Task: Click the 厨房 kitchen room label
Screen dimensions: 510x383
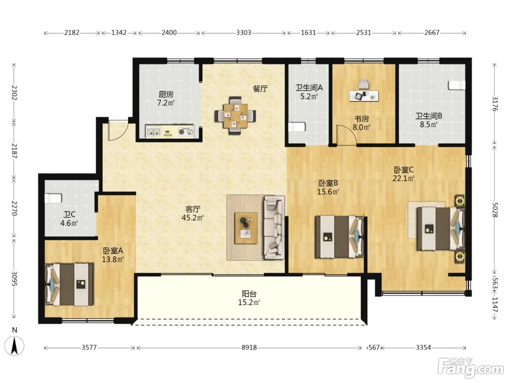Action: click(x=166, y=94)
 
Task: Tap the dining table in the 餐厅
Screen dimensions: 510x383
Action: click(x=235, y=116)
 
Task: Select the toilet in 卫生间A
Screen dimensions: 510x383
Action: click(x=296, y=127)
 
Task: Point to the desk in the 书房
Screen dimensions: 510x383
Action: click(x=364, y=96)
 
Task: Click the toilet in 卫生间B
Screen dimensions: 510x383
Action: click(x=457, y=85)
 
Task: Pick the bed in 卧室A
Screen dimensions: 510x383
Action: click(x=70, y=285)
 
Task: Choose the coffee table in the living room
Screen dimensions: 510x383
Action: click(x=246, y=228)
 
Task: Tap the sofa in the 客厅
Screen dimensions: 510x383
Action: click(x=274, y=228)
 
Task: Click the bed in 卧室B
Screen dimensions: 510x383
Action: click(x=340, y=237)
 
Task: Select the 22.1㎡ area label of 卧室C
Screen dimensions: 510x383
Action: click(x=404, y=178)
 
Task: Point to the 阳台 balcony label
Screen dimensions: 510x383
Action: click(x=249, y=294)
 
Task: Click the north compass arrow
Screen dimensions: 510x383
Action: click(x=15, y=345)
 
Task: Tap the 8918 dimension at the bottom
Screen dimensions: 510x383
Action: click(x=249, y=347)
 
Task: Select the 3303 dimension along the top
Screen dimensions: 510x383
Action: click(x=243, y=33)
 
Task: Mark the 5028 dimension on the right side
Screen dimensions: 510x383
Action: click(x=495, y=210)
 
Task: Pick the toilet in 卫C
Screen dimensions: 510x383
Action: click(x=53, y=198)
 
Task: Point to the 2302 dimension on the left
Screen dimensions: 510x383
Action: click(x=15, y=93)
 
